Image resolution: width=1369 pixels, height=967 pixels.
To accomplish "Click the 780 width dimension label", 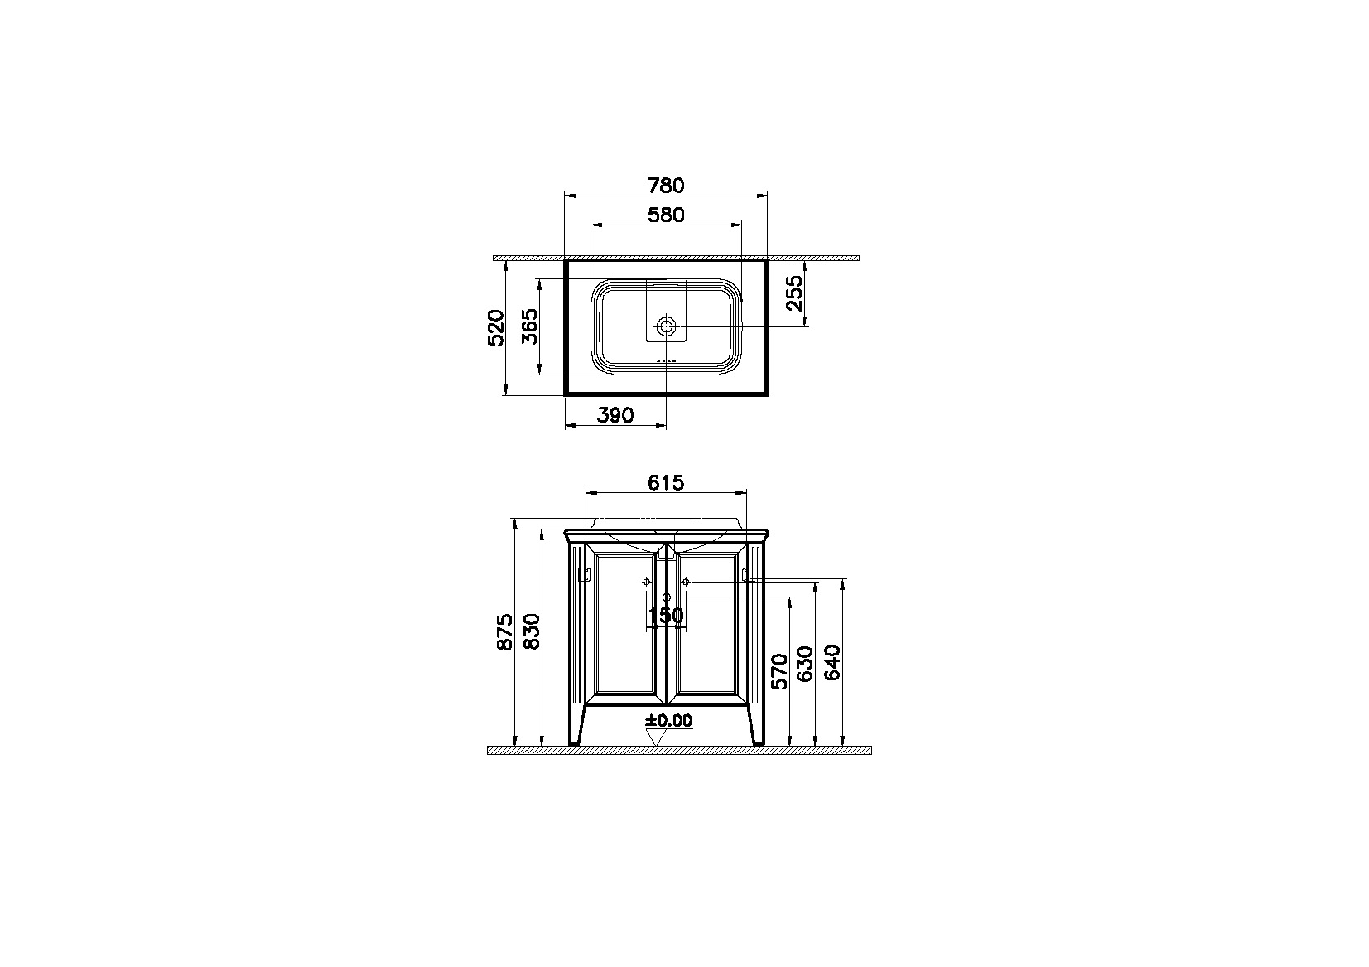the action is (x=666, y=186).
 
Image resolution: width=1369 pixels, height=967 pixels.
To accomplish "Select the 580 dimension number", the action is (x=666, y=215).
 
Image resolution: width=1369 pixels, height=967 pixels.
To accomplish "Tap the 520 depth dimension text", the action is (x=496, y=328).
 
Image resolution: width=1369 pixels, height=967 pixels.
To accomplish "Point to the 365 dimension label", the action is (x=529, y=326).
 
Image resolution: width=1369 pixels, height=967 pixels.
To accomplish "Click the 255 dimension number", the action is (x=794, y=293).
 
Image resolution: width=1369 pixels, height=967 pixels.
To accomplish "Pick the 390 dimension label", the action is (x=615, y=415).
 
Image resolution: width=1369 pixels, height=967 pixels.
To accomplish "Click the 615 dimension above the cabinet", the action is (x=666, y=482).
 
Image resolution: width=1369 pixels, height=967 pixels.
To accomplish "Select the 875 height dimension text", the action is (x=505, y=631).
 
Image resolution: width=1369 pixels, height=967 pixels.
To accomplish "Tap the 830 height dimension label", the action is (x=533, y=631).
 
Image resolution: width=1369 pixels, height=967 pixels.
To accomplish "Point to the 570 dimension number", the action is (x=779, y=671).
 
